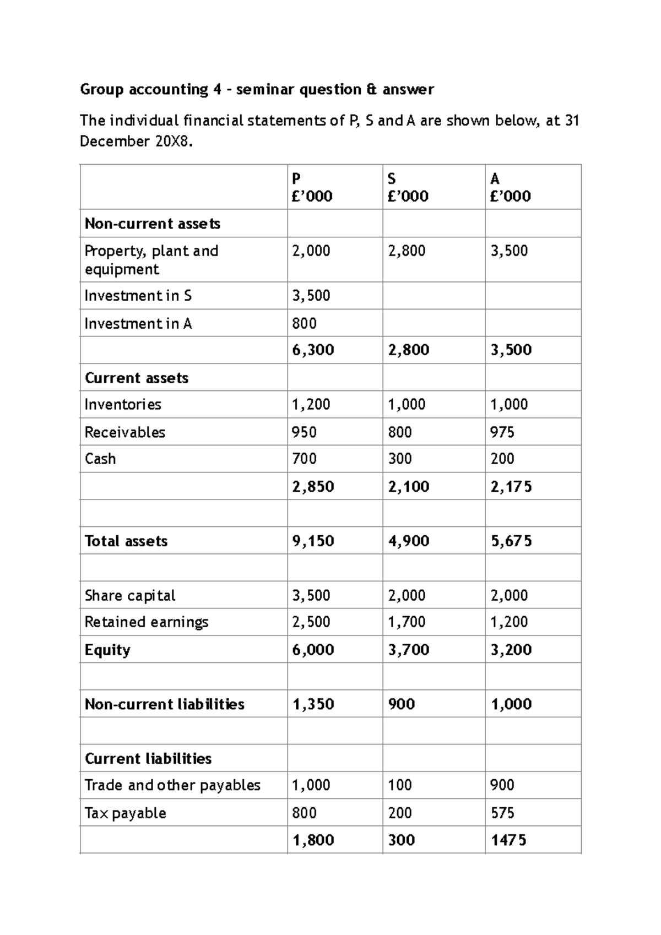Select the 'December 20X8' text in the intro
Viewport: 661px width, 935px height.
tap(136, 142)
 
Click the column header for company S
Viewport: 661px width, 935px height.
tap(408, 187)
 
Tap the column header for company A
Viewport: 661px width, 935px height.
tap(510, 187)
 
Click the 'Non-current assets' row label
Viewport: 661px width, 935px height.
tap(153, 224)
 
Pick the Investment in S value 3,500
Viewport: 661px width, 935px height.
tap(311, 296)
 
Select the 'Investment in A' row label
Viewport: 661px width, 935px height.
tap(138, 323)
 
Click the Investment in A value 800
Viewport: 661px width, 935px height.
tap(304, 323)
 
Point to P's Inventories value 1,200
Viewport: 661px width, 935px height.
tap(311, 404)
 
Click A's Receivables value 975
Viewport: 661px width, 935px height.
tap(502, 432)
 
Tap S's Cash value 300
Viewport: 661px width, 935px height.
tap(399, 459)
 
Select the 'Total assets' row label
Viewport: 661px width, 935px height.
tap(126, 541)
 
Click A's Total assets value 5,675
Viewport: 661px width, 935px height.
tap(511, 541)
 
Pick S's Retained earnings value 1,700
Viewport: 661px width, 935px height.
tap(407, 622)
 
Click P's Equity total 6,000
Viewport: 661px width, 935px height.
tap(313, 650)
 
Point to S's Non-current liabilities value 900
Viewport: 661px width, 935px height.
tap(401, 704)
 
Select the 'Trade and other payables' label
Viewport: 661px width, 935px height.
tap(172, 785)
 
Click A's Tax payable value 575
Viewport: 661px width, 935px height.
tap(502, 813)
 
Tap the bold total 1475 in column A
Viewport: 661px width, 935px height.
tap(508, 840)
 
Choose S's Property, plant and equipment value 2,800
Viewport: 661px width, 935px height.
tap(407, 251)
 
